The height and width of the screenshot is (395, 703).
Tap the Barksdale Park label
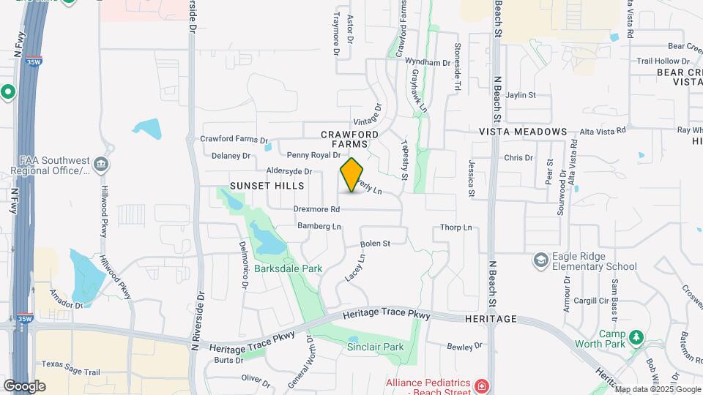[x=289, y=268]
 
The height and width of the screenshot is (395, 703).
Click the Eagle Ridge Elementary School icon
[x=540, y=260]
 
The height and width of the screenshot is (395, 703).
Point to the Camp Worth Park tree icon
[x=636, y=337]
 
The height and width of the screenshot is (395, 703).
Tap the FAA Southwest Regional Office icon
[x=101, y=163]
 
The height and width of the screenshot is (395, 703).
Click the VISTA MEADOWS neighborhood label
[x=523, y=132]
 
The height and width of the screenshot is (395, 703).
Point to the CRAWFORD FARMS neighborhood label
[x=350, y=140]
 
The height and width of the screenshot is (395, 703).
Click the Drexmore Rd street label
[x=317, y=209]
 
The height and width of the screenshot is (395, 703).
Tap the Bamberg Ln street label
[x=319, y=227]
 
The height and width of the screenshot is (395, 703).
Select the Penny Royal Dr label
[x=313, y=155]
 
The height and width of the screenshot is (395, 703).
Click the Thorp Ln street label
[x=456, y=227]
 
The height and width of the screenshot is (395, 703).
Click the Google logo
[x=25, y=385]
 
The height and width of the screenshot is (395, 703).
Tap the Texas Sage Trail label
[x=70, y=364]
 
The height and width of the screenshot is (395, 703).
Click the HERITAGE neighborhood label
[x=491, y=320]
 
